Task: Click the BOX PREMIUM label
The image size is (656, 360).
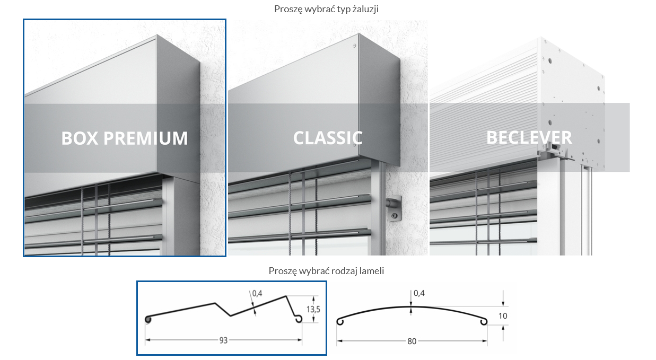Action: pyautogui.click(x=125, y=138)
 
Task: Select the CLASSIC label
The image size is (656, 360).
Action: pyautogui.click(x=328, y=138)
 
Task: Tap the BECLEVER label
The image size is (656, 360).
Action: pyautogui.click(x=529, y=138)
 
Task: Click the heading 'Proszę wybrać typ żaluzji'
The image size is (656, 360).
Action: pyautogui.click(x=326, y=8)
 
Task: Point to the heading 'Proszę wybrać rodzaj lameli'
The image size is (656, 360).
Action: pyautogui.click(x=326, y=271)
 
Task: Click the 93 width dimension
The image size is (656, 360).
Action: pyautogui.click(x=223, y=340)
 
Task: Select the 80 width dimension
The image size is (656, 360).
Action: pyautogui.click(x=412, y=341)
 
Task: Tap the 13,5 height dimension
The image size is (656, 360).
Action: pyautogui.click(x=314, y=310)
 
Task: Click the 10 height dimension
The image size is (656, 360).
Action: pyautogui.click(x=503, y=316)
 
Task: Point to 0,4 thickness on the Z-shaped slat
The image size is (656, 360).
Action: pyautogui.click(x=257, y=293)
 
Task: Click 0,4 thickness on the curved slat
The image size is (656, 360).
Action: pyautogui.click(x=419, y=293)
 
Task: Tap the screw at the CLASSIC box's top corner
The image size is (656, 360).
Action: pyautogui.click(x=355, y=46)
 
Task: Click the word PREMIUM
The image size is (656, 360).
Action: pyautogui.click(x=146, y=138)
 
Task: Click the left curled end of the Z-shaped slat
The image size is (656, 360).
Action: pyautogui.click(x=148, y=319)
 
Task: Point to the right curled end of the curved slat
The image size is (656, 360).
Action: pyautogui.click(x=484, y=321)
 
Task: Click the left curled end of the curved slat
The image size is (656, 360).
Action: pyautogui.click(x=340, y=321)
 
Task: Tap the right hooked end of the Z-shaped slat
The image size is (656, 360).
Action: pyautogui.click(x=299, y=318)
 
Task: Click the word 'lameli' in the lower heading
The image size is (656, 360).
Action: pyautogui.click(x=371, y=271)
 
